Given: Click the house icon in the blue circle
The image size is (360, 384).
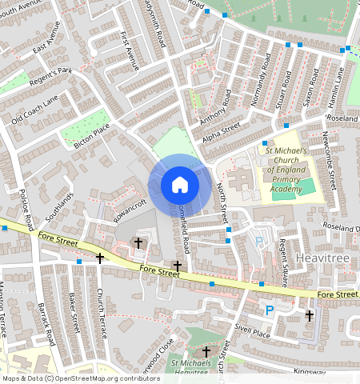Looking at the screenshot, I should tap(180, 185).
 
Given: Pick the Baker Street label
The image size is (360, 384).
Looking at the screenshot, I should tap(74, 312).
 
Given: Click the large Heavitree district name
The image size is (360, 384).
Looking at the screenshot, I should tap(320, 258).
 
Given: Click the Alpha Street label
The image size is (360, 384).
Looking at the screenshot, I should tap(221, 130).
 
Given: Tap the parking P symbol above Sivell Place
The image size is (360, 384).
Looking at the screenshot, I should tap(270, 310).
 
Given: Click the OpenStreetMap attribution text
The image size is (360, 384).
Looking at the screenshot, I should tap(82, 378).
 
